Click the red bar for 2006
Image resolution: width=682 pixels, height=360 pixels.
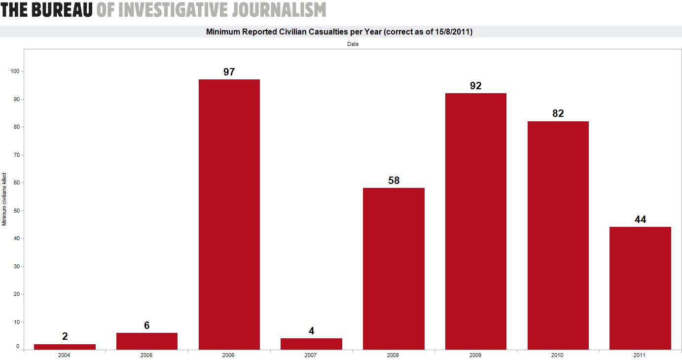click(229, 215)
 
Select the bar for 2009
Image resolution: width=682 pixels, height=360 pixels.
click(475, 221)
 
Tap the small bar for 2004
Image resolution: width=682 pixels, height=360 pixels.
click(65, 347)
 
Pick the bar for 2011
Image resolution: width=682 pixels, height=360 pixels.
click(640, 288)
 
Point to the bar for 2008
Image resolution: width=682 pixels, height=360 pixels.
click(394, 269)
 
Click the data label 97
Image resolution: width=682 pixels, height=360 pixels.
click(229, 72)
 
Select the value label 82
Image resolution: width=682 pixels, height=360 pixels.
click(558, 113)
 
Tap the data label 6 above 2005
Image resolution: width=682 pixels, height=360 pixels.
click(146, 325)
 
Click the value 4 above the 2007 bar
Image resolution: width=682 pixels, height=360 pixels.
click(311, 331)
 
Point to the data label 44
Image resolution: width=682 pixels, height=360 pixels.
click(640, 219)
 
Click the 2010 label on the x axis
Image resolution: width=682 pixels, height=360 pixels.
click(558, 355)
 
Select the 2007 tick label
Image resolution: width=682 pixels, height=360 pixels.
click(311, 355)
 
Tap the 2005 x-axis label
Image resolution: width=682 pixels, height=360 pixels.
click(146, 355)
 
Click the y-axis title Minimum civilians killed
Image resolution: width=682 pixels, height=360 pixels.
click(4, 199)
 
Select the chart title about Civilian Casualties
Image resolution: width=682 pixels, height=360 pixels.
click(339, 32)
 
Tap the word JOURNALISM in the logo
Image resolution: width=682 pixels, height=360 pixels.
click(279, 9)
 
